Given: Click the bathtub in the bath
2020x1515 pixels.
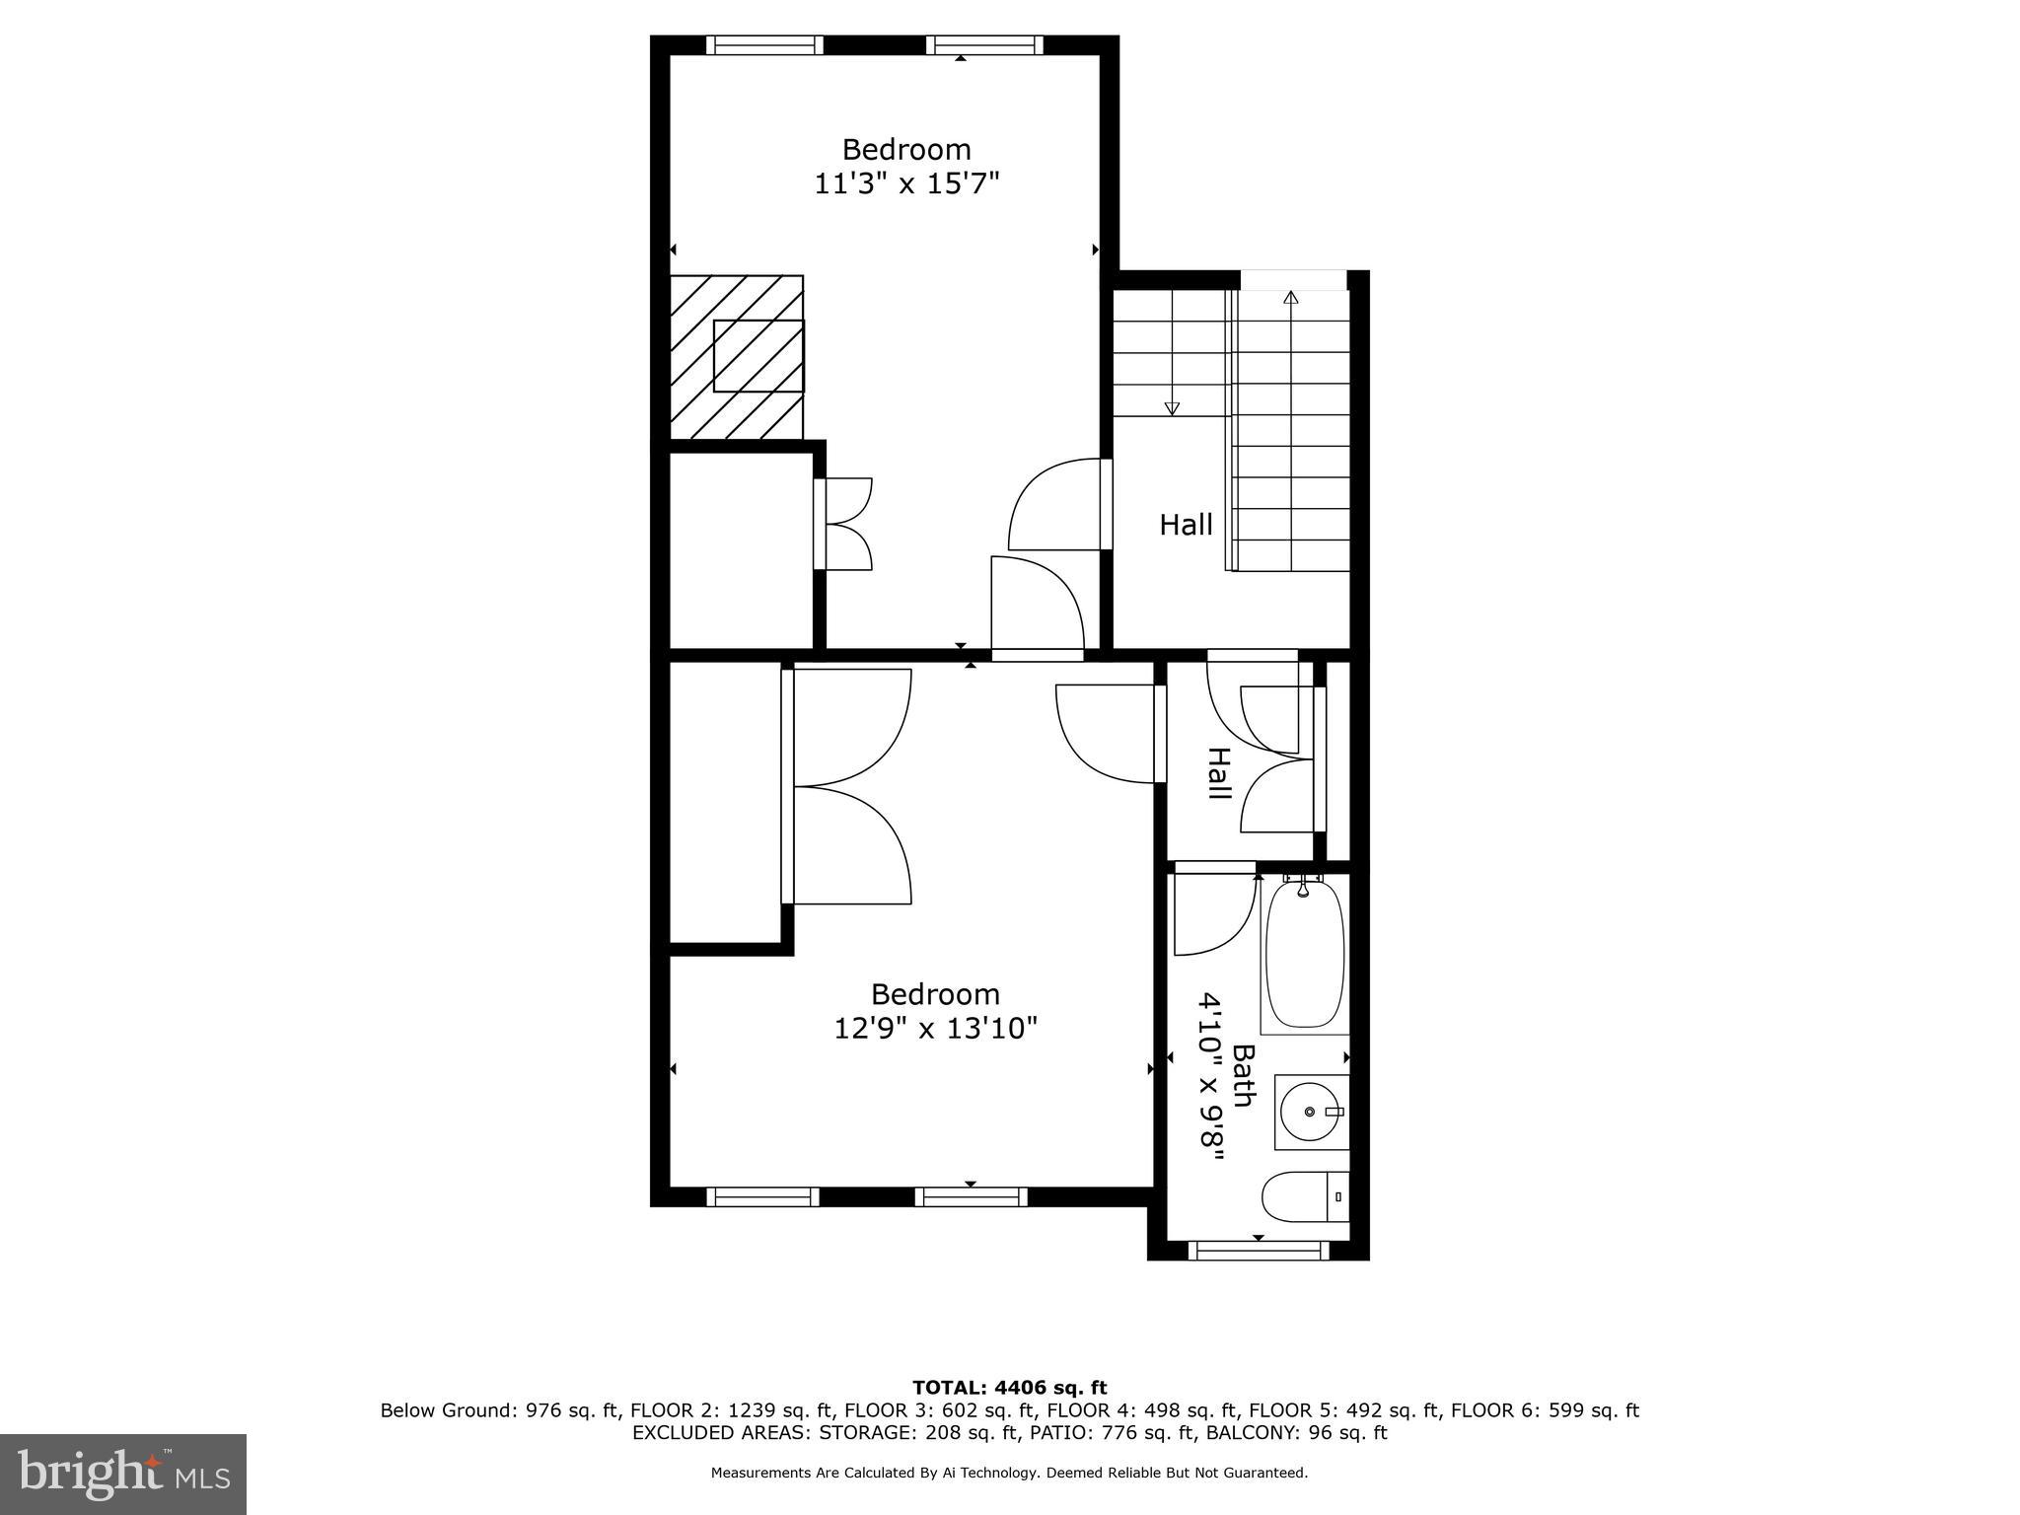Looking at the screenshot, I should [1304, 955].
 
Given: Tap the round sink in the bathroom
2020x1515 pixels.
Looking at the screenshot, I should [1310, 1112].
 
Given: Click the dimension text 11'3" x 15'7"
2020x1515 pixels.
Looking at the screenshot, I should [906, 184].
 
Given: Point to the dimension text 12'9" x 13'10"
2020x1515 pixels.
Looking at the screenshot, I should [935, 1029].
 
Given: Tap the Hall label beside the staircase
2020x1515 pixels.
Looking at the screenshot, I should [1186, 525].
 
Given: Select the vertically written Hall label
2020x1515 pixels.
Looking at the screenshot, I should [1219, 773].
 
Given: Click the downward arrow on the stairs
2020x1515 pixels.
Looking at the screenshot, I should [1172, 406].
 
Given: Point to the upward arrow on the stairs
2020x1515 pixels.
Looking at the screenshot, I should [1290, 298].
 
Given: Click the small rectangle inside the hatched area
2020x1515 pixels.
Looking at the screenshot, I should [757, 356].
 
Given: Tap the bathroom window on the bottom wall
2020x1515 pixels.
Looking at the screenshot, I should [1258, 1251].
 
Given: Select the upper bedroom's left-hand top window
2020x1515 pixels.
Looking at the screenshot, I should [764, 44].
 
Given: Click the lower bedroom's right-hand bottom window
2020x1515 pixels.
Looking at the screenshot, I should [971, 1196].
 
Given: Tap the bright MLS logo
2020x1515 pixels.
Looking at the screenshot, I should [122, 1474].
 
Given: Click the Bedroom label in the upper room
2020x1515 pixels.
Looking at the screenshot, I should [906, 150].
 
